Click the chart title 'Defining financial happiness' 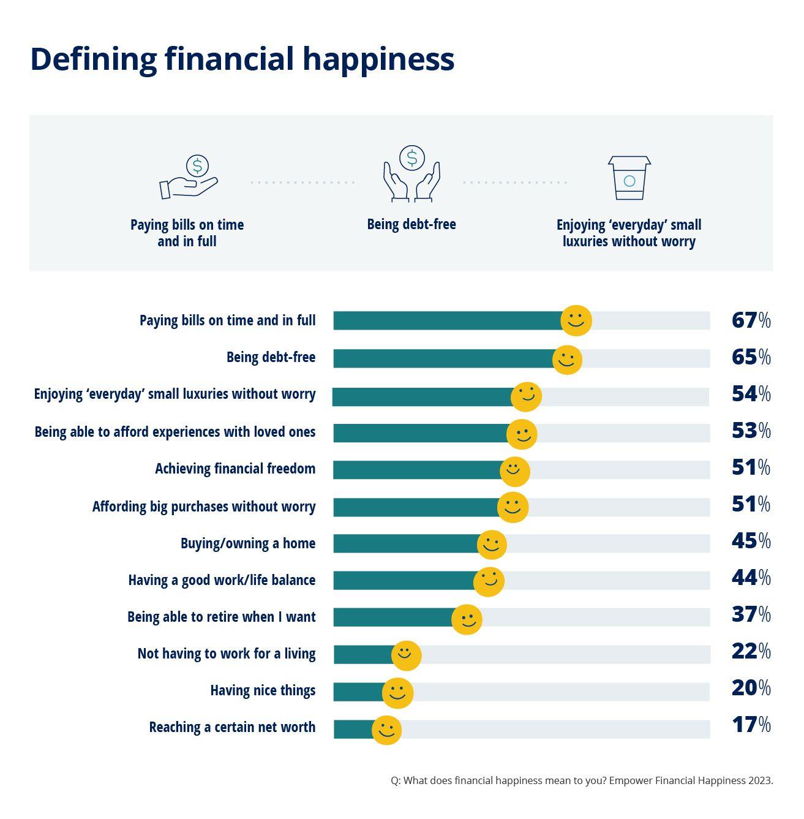[242, 59]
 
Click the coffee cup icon [629, 178]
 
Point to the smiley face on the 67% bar [576, 320]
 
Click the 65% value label [751, 357]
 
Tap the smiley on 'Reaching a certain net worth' [386, 730]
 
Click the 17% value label [751, 725]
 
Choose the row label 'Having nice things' [263, 690]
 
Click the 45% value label [751, 541]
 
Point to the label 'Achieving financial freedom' [235, 469]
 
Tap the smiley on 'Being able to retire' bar [467, 619]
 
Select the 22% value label [751, 651]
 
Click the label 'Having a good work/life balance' [222, 580]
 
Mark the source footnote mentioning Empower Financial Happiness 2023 [582, 780]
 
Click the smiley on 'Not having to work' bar [406, 655]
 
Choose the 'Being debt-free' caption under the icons [411, 224]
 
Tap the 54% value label [751, 394]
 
